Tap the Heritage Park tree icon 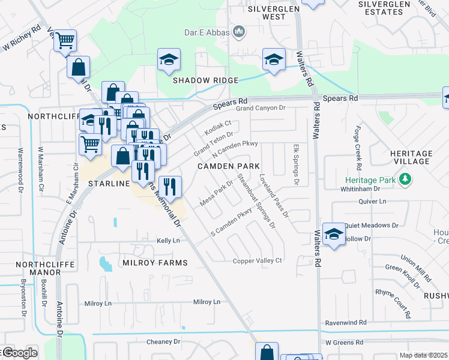[x=406, y=179]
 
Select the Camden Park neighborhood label [x=229, y=166]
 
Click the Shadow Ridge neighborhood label [x=206, y=80]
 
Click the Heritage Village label [x=411, y=157]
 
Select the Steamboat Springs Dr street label [x=256, y=201]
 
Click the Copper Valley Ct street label [x=258, y=260]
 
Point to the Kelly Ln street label [x=168, y=241]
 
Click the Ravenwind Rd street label [x=345, y=322]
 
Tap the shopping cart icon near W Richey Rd [x=65, y=41]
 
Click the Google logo [x=19, y=353]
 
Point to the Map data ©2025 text [x=423, y=355]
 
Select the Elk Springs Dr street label [x=295, y=163]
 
